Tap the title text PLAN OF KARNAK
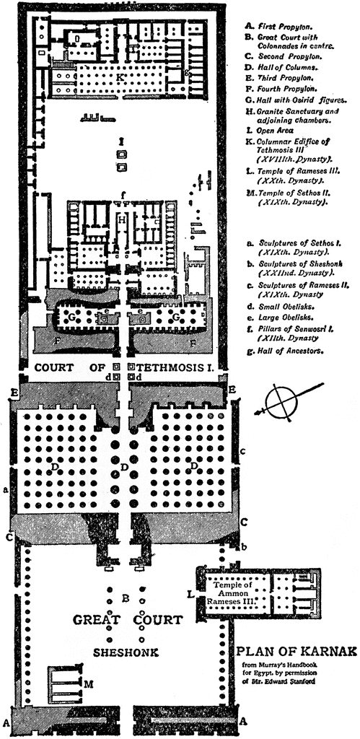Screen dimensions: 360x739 click(296, 652)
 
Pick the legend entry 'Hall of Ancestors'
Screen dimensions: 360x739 click(281, 351)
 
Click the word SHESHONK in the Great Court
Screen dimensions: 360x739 click(126, 652)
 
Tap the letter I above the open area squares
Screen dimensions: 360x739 click(122, 141)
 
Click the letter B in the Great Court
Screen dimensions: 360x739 click(126, 598)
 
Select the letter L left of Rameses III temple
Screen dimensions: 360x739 click(190, 595)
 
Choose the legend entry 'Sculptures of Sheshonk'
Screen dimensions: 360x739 click(289, 268)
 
